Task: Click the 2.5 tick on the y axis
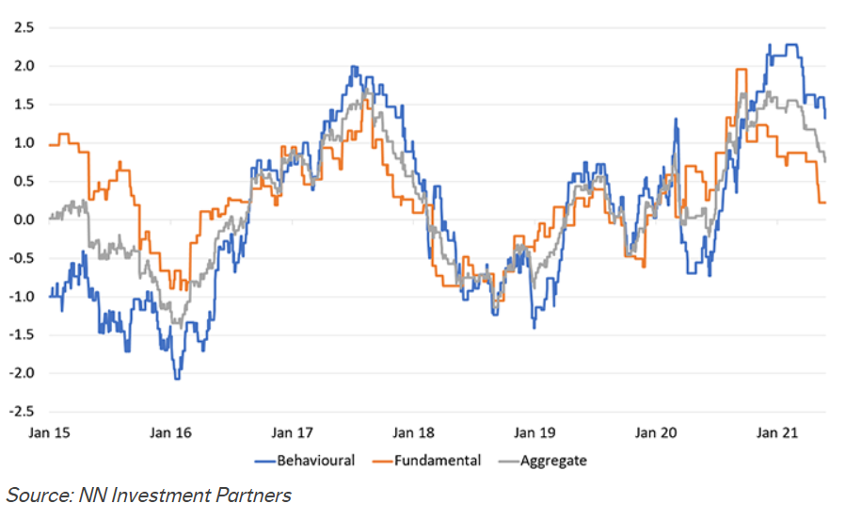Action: [x=22, y=27]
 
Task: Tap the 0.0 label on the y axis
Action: [x=22, y=219]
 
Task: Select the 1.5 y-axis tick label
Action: [x=22, y=105]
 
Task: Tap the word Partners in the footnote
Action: [x=256, y=495]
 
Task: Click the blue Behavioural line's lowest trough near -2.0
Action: [x=176, y=378]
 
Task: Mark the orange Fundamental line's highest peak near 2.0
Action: [x=741, y=70]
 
